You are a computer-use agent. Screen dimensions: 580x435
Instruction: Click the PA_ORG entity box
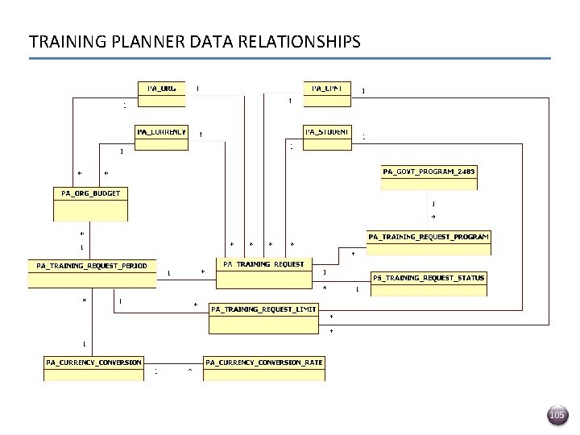click(162, 93)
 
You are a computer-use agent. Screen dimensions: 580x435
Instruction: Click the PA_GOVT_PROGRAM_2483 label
click(429, 172)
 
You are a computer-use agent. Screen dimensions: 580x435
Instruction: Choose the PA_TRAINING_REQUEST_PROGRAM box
click(429, 242)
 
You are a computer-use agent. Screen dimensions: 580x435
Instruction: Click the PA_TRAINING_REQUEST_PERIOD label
click(92, 265)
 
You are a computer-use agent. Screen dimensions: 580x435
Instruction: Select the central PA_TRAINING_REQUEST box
click(264, 273)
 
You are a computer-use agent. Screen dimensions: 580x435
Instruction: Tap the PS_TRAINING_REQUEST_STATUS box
click(429, 284)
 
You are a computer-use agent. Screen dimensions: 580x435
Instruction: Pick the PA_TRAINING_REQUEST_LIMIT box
click(264, 318)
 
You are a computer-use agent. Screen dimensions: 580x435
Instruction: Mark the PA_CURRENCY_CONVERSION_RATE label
click(264, 362)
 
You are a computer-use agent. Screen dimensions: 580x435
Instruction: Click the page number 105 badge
click(557, 415)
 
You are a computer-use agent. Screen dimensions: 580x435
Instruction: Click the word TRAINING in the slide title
click(62, 41)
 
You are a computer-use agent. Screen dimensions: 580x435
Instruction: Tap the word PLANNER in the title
click(131, 41)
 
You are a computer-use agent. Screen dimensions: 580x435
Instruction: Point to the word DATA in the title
click(191, 41)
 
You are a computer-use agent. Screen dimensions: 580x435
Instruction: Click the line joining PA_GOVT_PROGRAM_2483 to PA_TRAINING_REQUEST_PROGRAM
click(429, 210)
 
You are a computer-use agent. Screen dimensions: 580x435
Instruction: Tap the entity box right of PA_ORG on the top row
click(327, 93)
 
